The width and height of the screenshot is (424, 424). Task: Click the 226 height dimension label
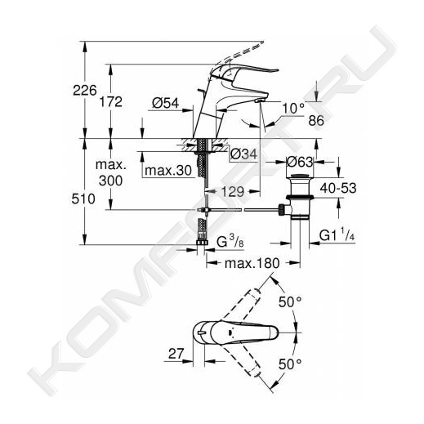[85, 90]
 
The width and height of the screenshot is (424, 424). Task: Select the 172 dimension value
[110, 102]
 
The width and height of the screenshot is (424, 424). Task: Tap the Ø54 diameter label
[165, 103]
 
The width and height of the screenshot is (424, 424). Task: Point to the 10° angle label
[293, 109]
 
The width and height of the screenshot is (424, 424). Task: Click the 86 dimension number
[316, 120]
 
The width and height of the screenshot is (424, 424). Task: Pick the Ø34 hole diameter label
[243, 154]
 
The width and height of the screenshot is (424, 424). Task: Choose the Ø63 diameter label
[300, 163]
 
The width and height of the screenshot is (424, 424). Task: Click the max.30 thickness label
[168, 171]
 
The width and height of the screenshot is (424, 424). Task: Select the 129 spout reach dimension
[232, 192]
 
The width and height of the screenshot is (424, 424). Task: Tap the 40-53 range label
[338, 188]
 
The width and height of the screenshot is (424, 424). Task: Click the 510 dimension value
[83, 199]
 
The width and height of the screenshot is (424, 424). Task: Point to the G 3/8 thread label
[230, 241]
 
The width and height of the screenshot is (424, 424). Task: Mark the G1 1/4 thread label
[337, 234]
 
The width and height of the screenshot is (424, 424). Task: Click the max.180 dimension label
[252, 263]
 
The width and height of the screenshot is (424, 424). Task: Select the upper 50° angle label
[290, 301]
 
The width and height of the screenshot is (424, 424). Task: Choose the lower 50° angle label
[290, 364]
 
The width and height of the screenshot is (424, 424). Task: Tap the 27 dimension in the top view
[176, 354]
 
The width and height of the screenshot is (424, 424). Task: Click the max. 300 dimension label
[110, 172]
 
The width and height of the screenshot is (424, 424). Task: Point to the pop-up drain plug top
[299, 176]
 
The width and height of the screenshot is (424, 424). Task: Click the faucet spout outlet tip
[260, 101]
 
